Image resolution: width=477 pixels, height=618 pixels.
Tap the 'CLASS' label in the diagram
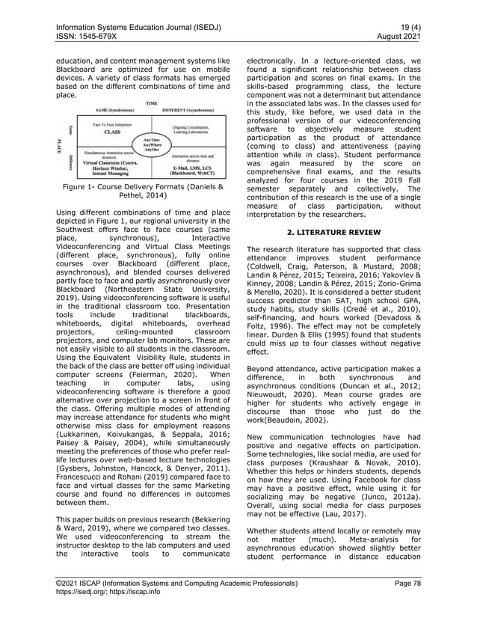[112, 131]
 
